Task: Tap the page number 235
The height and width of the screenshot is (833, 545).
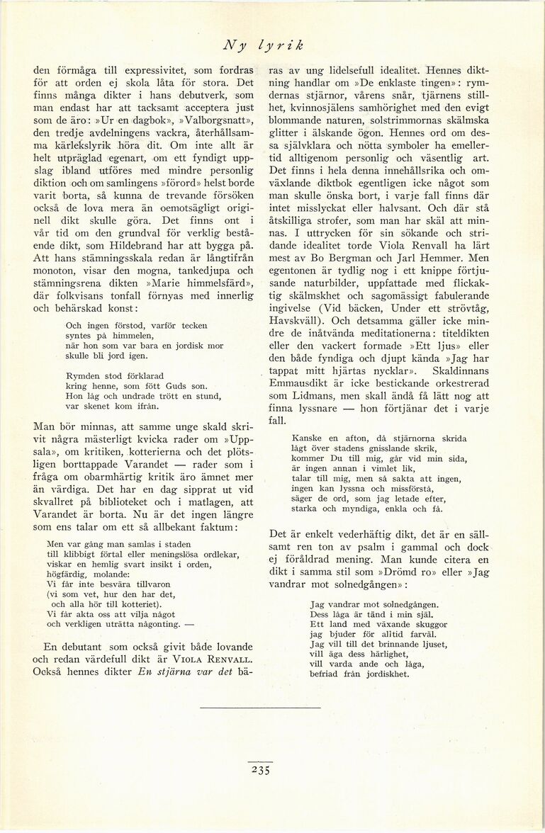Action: [260, 771]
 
